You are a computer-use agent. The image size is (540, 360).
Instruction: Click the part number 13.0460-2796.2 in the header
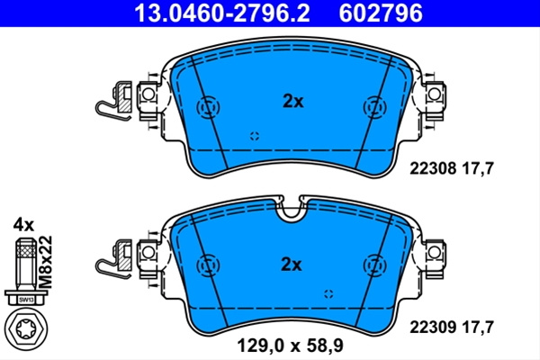[222, 13]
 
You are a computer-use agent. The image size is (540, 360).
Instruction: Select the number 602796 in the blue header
[381, 13]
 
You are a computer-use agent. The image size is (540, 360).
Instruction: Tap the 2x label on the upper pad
[293, 102]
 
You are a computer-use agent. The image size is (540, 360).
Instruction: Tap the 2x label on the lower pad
[292, 265]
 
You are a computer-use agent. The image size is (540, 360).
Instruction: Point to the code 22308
[433, 169]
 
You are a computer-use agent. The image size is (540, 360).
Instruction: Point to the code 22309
[433, 327]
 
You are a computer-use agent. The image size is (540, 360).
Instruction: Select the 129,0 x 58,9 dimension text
[290, 346]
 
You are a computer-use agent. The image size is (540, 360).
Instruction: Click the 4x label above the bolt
[23, 226]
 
